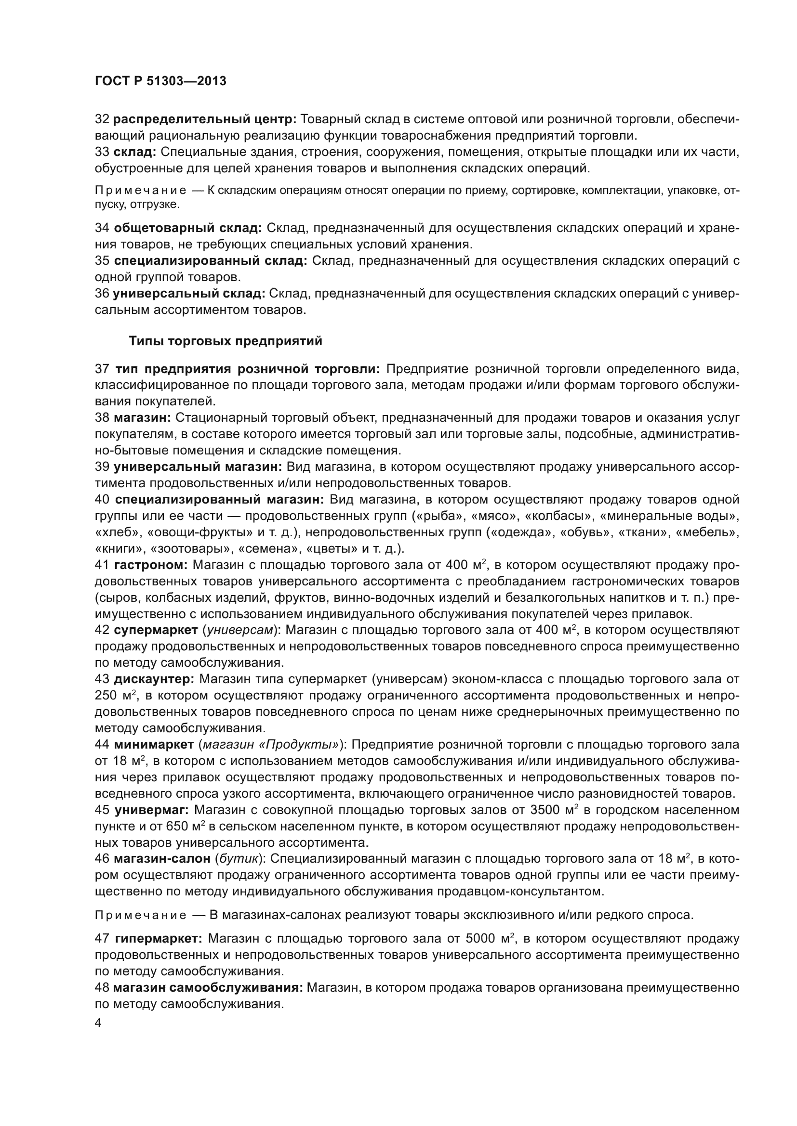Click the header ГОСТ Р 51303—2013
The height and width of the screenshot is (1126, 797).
tap(160, 81)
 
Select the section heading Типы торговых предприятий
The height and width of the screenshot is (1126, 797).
tap(225, 341)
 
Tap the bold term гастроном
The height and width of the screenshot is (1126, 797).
tap(151, 565)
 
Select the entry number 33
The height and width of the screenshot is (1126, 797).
tap(102, 152)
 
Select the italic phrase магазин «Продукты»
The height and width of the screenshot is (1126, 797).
tap(270, 744)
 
